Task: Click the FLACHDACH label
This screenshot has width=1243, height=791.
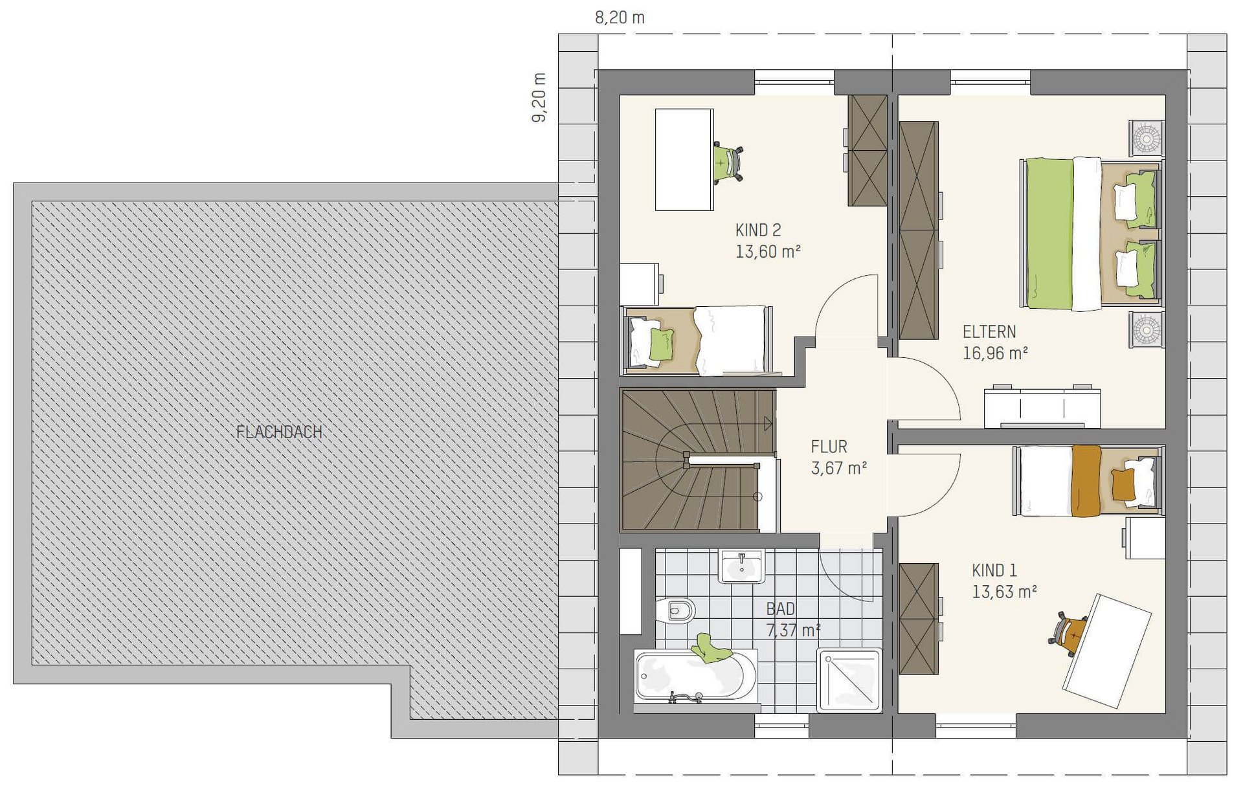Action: point(279,432)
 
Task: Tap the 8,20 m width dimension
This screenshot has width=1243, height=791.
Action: point(620,17)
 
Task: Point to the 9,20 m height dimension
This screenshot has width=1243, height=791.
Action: point(539,98)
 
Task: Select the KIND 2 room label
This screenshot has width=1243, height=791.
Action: point(758,230)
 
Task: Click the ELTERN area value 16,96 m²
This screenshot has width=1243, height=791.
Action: point(995,353)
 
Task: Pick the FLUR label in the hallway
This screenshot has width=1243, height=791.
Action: point(829,447)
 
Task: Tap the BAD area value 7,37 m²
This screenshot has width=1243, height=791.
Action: point(794,630)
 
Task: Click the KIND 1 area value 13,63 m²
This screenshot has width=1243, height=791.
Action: point(1004,592)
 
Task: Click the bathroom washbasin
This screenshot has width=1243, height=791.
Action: point(742,566)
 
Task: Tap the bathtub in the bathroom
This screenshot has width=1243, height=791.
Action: point(696,676)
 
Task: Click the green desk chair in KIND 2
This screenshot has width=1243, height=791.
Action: point(728,162)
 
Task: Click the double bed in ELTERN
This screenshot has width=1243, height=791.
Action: point(1091,234)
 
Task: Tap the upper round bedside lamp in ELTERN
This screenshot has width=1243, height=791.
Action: point(1147,138)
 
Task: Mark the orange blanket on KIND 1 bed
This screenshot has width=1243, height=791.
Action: point(1086,481)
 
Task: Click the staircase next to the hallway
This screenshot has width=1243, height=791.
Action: point(698,460)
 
